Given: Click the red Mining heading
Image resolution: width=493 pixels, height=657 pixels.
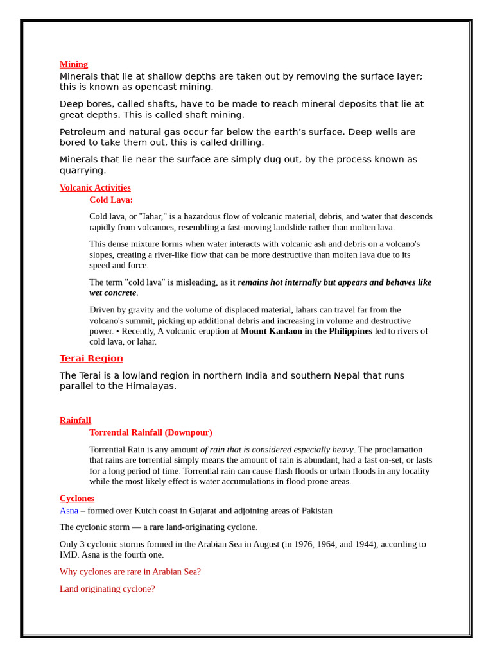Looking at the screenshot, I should tap(74, 64).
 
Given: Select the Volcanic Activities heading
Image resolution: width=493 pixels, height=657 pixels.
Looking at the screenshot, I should tap(95, 187).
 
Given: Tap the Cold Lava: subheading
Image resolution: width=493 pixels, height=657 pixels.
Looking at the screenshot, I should tap(111, 200).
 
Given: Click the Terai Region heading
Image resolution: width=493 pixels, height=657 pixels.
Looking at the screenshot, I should tap(91, 359).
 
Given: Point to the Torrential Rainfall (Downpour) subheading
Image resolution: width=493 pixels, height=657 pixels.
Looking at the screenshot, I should tap(151, 432).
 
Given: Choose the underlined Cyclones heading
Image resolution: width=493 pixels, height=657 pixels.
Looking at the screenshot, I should tap(77, 498).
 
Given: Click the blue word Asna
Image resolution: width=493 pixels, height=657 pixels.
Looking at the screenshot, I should tap(69, 511).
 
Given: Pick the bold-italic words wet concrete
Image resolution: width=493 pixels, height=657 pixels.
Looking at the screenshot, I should tap(113, 293).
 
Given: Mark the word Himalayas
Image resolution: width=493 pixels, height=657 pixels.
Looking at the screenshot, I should tap(150, 386).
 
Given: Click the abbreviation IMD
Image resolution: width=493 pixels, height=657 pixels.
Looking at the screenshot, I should tap(69, 554).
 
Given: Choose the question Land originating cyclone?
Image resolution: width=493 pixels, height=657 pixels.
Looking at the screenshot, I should tap(107, 588).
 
